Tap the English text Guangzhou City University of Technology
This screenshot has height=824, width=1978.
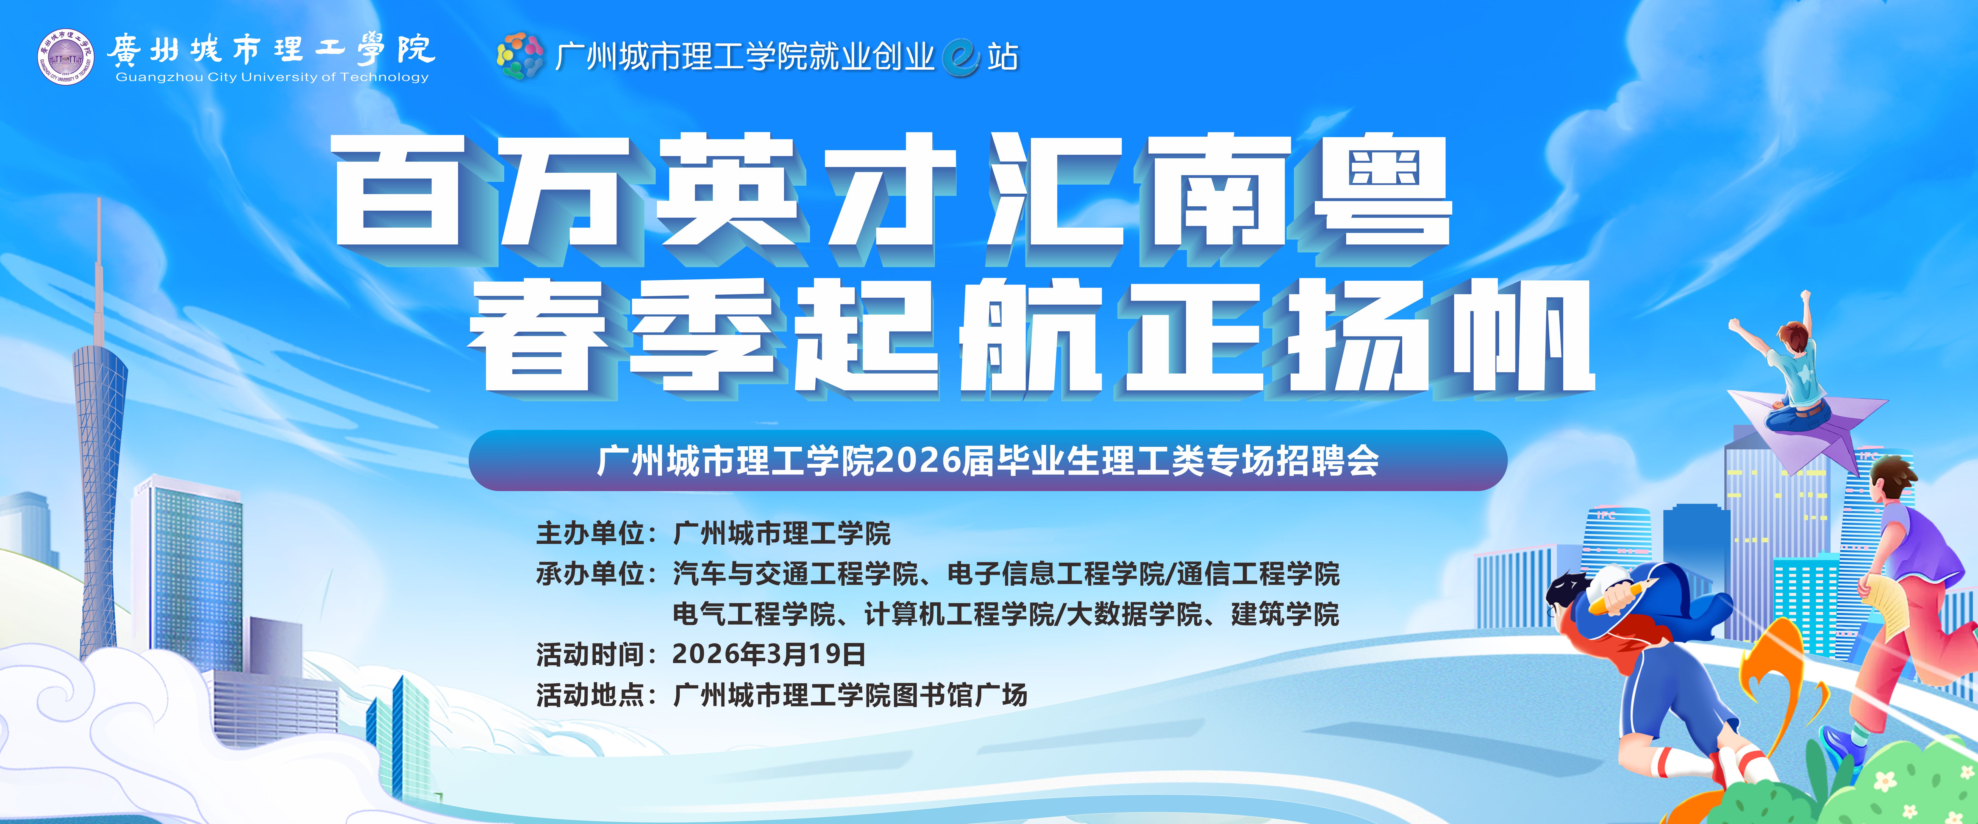click(x=272, y=77)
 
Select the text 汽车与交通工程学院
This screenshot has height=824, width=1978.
click(x=796, y=574)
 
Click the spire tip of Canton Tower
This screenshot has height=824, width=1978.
click(x=99, y=204)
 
